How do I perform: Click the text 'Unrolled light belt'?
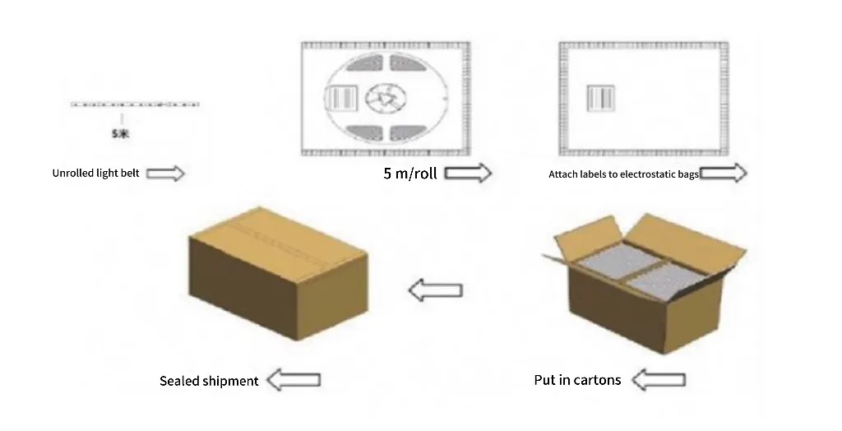95,173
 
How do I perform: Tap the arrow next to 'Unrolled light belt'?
165,173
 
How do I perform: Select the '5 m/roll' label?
410,173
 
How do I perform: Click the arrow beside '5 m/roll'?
468,173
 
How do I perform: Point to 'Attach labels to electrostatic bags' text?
623,174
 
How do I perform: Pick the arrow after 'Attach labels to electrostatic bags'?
724,173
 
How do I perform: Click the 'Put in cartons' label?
577,380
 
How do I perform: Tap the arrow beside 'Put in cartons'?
659,380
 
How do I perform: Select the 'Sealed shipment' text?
209,381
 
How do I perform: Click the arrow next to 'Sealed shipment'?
294,380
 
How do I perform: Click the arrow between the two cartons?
436,290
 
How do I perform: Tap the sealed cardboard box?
278,274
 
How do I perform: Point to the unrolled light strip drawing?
135,104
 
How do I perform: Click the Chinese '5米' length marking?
121,134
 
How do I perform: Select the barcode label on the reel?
342,99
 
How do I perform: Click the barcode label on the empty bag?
601,99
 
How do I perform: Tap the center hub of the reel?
386,99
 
